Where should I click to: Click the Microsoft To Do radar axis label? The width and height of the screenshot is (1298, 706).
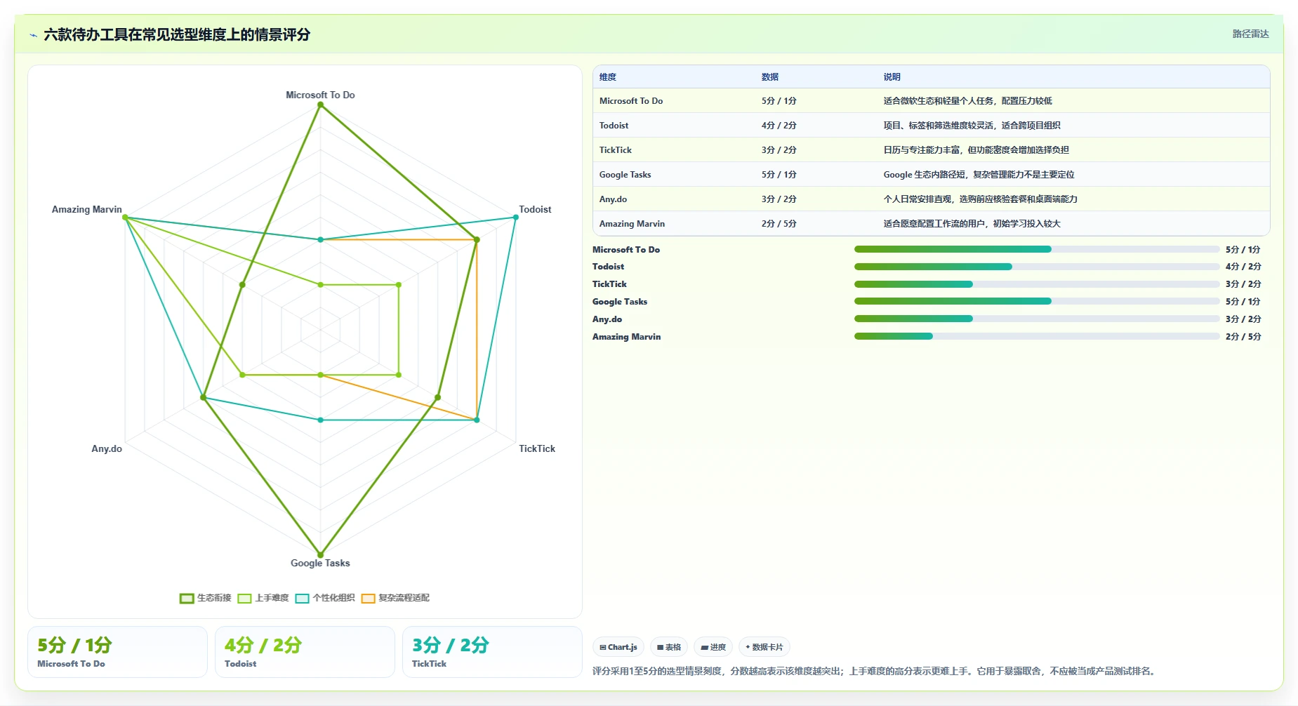tap(320, 95)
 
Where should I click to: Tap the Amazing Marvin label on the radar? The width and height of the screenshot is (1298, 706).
tap(87, 209)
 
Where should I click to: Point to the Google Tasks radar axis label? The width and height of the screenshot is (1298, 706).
tap(320, 563)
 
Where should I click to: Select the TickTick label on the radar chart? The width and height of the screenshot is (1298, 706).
tap(537, 448)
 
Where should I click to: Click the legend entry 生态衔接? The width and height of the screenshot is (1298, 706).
tap(206, 598)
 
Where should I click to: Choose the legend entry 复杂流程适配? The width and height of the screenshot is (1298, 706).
tap(396, 598)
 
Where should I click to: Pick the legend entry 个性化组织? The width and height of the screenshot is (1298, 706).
tap(326, 598)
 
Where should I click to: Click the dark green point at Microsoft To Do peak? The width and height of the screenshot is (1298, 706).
tap(321, 105)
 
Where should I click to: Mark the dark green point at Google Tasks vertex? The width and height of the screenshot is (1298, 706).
tap(321, 554)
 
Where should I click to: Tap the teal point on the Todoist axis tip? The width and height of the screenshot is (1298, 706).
tap(516, 218)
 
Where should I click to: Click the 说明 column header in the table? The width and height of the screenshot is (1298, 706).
tap(892, 77)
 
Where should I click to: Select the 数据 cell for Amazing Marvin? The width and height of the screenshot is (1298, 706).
tap(779, 224)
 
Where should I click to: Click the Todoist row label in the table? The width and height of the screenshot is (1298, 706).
tap(614, 126)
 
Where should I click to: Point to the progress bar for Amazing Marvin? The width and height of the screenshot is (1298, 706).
tap(1037, 336)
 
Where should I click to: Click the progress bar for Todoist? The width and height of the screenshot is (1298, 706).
tap(1037, 267)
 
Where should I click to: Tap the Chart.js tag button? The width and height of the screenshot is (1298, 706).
tap(618, 647)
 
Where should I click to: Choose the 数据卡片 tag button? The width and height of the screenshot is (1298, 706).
tap(764, 647)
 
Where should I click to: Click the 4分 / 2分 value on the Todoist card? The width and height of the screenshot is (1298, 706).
tap(263, 645)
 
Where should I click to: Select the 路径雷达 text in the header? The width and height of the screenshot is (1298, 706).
tap(1251, 34)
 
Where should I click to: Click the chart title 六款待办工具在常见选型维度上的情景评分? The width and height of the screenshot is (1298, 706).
tap(177, 34)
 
